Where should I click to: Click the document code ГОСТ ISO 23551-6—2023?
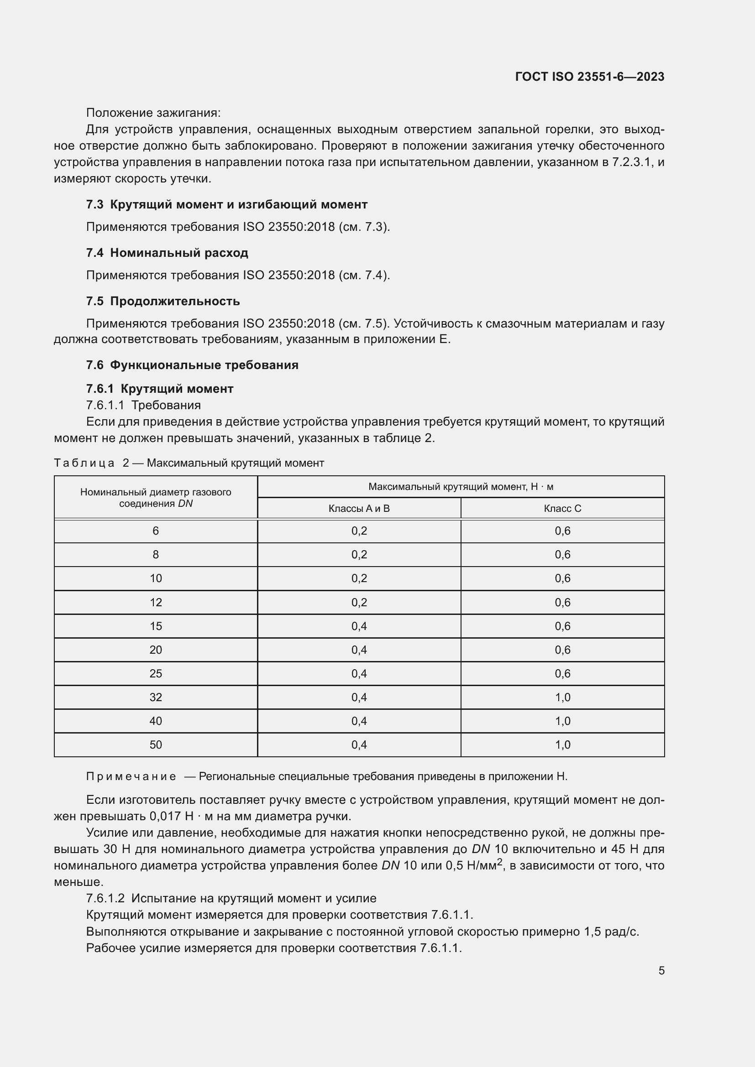589,77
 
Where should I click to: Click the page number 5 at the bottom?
661,970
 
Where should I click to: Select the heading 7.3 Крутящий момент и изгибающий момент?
227,204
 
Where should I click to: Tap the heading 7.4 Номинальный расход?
168,253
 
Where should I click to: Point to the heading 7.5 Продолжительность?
163,301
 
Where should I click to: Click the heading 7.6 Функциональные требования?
193,365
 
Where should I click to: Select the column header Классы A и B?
359,508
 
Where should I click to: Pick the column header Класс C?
562,508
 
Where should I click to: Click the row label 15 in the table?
156,626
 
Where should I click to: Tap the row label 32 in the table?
156,697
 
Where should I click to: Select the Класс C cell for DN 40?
562,721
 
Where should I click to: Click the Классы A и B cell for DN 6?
359,531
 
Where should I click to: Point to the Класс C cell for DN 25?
562,673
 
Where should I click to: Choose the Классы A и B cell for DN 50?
359,744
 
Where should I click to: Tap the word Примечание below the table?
131,776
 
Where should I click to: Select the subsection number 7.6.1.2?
105,898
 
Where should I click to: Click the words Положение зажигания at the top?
153,113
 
